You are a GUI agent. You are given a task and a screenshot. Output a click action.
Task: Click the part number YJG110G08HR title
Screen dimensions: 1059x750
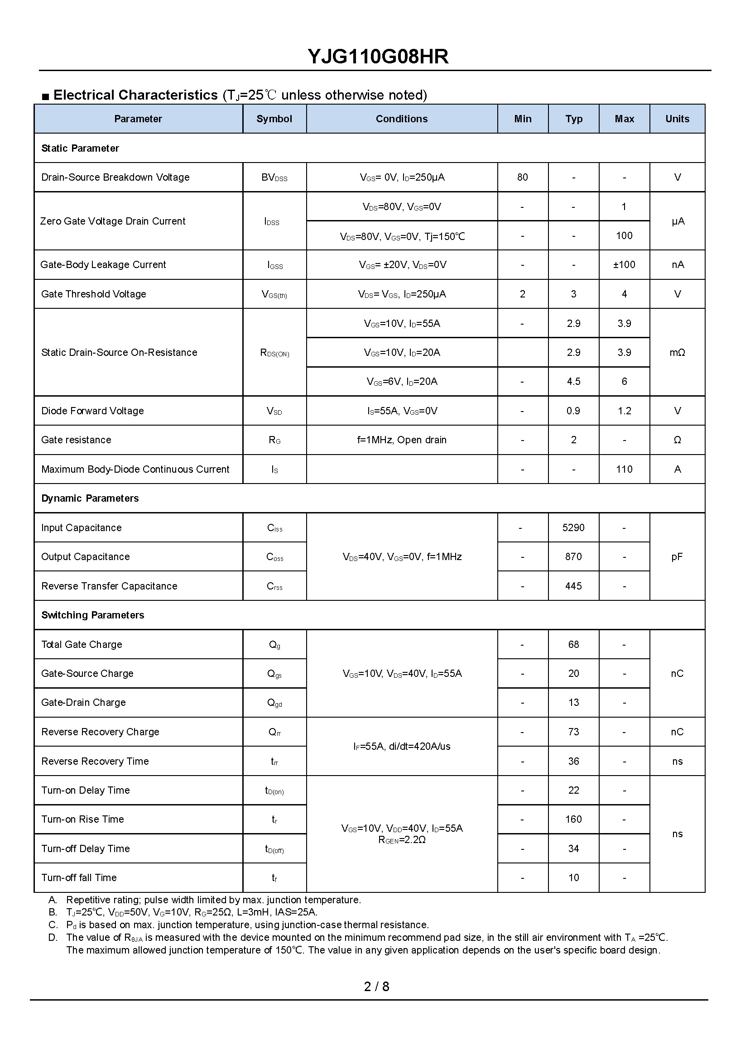(x=378, y=57)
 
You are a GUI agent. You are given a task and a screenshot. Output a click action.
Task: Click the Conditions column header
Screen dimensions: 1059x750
(x=401, y=119)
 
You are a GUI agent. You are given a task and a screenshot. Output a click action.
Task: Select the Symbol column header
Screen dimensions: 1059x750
(x=274, y=119)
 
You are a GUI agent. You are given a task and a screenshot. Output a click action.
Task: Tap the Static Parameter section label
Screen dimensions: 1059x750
(x=80, y=148)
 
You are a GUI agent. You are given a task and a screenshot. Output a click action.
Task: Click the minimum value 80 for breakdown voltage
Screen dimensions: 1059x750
(x=522, y=177)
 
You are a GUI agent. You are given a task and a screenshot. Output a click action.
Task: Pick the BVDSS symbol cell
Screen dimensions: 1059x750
(x=274, y=178)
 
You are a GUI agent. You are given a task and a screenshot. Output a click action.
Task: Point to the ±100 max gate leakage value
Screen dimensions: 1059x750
(x=624, y=265)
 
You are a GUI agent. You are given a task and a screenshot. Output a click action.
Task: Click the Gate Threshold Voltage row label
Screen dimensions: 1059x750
(x=93, y=294)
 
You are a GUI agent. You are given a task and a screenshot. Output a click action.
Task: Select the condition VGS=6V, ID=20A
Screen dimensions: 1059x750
(x=401, y=382)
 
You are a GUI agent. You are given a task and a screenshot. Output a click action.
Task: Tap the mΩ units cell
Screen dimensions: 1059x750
(x=677, y=353)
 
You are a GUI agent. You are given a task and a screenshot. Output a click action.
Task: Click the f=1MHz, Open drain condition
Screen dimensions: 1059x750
(x=401, y=440)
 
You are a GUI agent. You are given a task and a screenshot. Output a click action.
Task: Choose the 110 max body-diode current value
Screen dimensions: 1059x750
(x=624, y=470)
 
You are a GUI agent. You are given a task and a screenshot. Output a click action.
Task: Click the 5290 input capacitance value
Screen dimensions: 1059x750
(x=573, y=527)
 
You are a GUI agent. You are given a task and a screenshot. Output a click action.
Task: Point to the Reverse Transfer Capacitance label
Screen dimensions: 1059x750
(x=109, y=586)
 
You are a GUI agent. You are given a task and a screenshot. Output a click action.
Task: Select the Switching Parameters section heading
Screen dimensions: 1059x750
(x=92, y=615)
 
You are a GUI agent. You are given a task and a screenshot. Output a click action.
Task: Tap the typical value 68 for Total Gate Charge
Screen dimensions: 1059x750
(x=573, y=644)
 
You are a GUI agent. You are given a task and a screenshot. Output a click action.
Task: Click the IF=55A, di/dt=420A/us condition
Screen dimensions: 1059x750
(x=401, y=747)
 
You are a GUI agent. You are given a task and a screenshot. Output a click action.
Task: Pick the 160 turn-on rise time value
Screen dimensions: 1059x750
(x=573, y=819)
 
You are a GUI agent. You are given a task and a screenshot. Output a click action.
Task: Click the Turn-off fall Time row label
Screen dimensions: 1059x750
(x=78, y=877)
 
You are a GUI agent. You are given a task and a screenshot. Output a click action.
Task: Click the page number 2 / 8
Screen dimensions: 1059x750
(x=376, y=987)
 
